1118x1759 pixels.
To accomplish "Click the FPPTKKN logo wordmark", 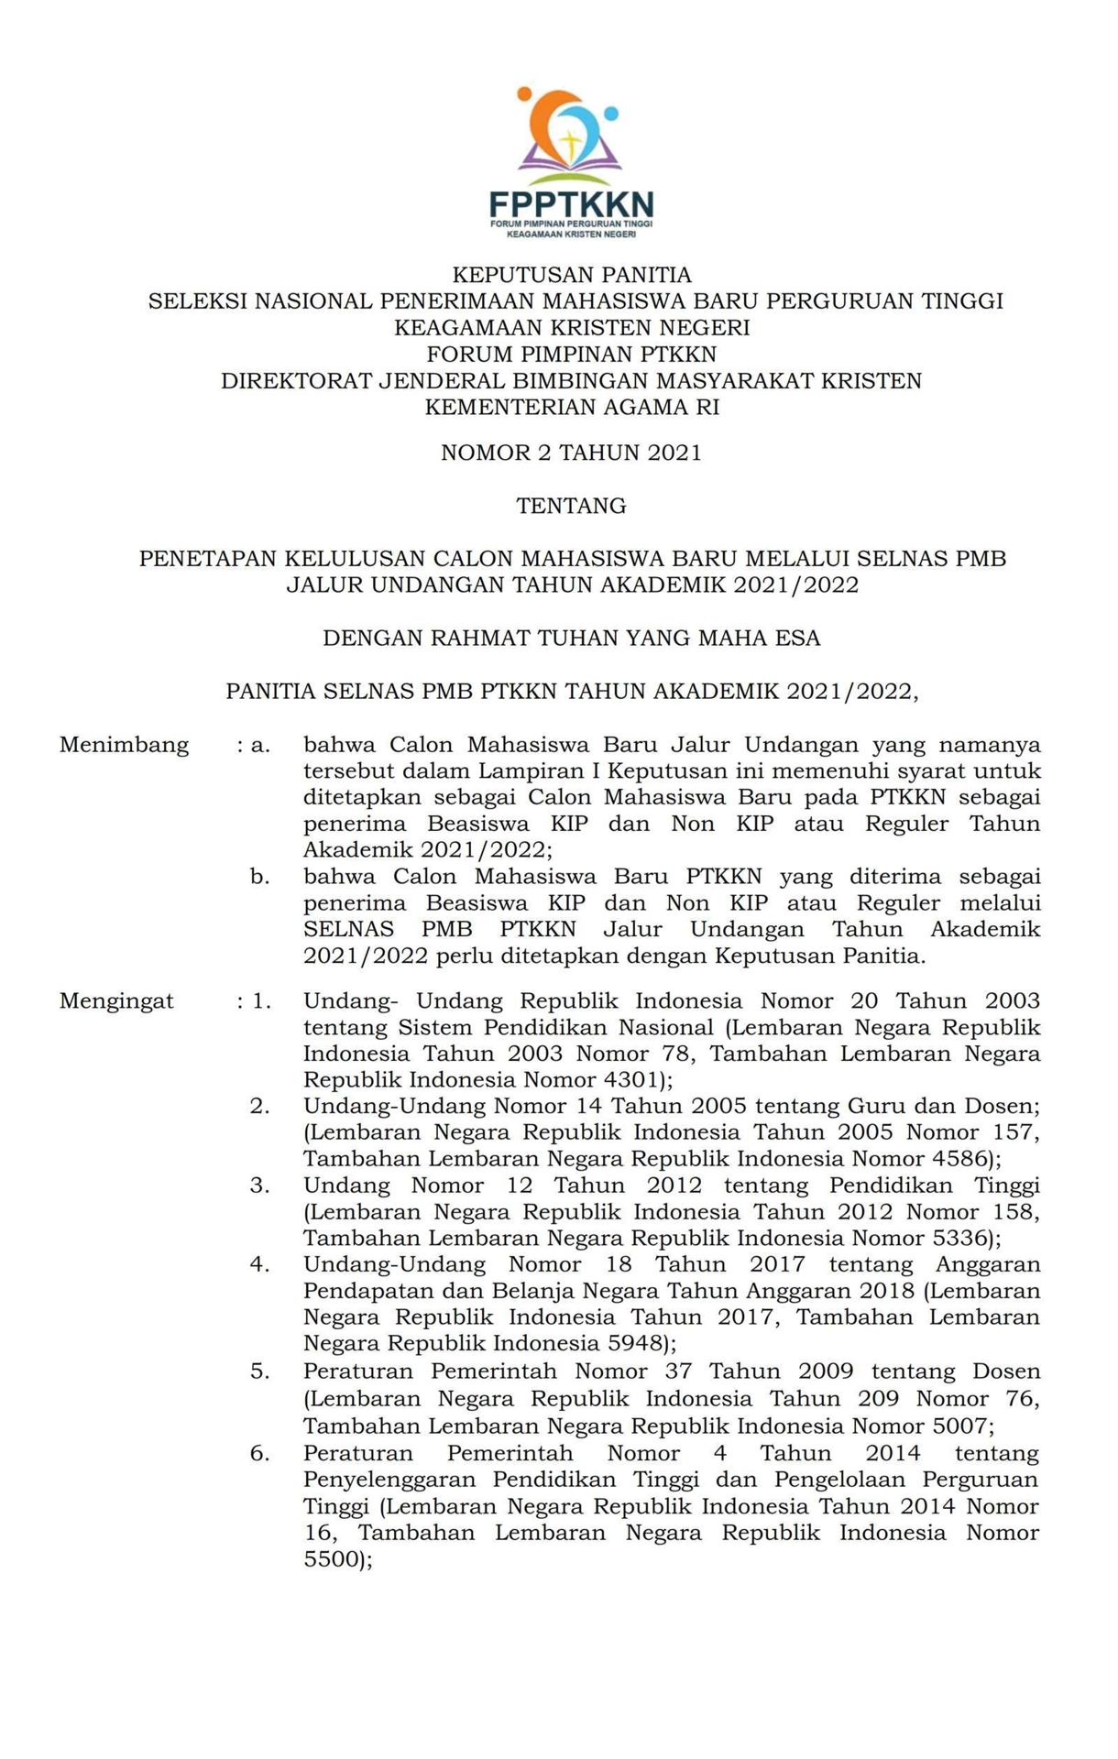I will point(571,202).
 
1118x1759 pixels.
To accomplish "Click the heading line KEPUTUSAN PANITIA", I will point(573,274).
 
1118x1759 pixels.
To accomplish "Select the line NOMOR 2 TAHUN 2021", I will point(571,452).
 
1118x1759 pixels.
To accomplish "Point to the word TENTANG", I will point(571,505).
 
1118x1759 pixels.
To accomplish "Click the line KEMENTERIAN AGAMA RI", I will point(573,407).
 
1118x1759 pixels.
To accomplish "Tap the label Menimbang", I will point(124,745).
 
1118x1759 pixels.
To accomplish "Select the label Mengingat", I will point(116,1000).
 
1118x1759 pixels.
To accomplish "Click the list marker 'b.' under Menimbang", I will point(260,877).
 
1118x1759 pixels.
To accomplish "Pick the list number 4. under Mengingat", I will point(260,1264).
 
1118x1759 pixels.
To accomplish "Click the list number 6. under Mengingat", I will point(260,1453).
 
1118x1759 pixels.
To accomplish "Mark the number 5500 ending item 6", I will point(333,1558).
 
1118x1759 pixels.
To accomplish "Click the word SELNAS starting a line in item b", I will point(349,929).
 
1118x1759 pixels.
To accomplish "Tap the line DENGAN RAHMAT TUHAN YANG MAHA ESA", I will point(571,638).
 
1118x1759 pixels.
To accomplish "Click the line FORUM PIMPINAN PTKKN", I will point(572,354).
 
